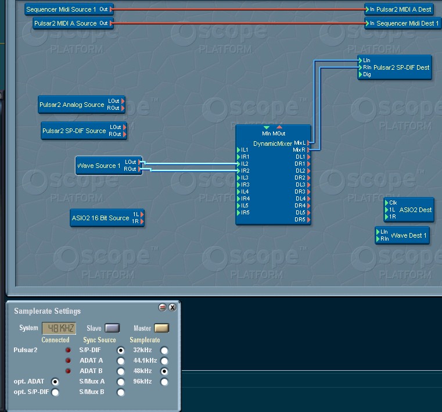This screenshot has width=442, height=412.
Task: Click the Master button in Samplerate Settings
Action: coord(161,328)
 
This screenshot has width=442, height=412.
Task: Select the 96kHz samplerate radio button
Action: coord(164,382)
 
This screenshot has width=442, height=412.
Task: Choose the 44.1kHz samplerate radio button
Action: coord(164,361)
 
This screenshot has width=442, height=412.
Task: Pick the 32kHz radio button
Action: coord(164,350)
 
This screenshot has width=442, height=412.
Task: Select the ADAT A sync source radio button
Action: coord(121,361)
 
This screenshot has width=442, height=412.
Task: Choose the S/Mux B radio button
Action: coord(121,392)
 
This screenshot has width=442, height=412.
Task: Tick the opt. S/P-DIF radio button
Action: coord(55,392)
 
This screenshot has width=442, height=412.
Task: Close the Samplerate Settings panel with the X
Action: coord(173,307)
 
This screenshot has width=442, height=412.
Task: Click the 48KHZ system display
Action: coord(59,328)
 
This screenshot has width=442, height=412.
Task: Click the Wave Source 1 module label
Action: coord(99,166)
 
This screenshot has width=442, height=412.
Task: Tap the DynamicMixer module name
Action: coord(272,144)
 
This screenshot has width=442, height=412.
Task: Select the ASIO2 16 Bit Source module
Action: coord(100,218)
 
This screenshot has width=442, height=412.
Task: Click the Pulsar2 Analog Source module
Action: coord(72,105)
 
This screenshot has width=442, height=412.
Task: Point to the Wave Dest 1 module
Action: coord(408,235)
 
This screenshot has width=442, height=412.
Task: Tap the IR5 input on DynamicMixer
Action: coord(245,213)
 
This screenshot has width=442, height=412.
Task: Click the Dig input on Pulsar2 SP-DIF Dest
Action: coord(366,74)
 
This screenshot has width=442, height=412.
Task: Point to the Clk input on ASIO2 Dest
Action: coord(393,203)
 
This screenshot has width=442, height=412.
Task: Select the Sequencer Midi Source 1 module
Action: coord(61,9)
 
